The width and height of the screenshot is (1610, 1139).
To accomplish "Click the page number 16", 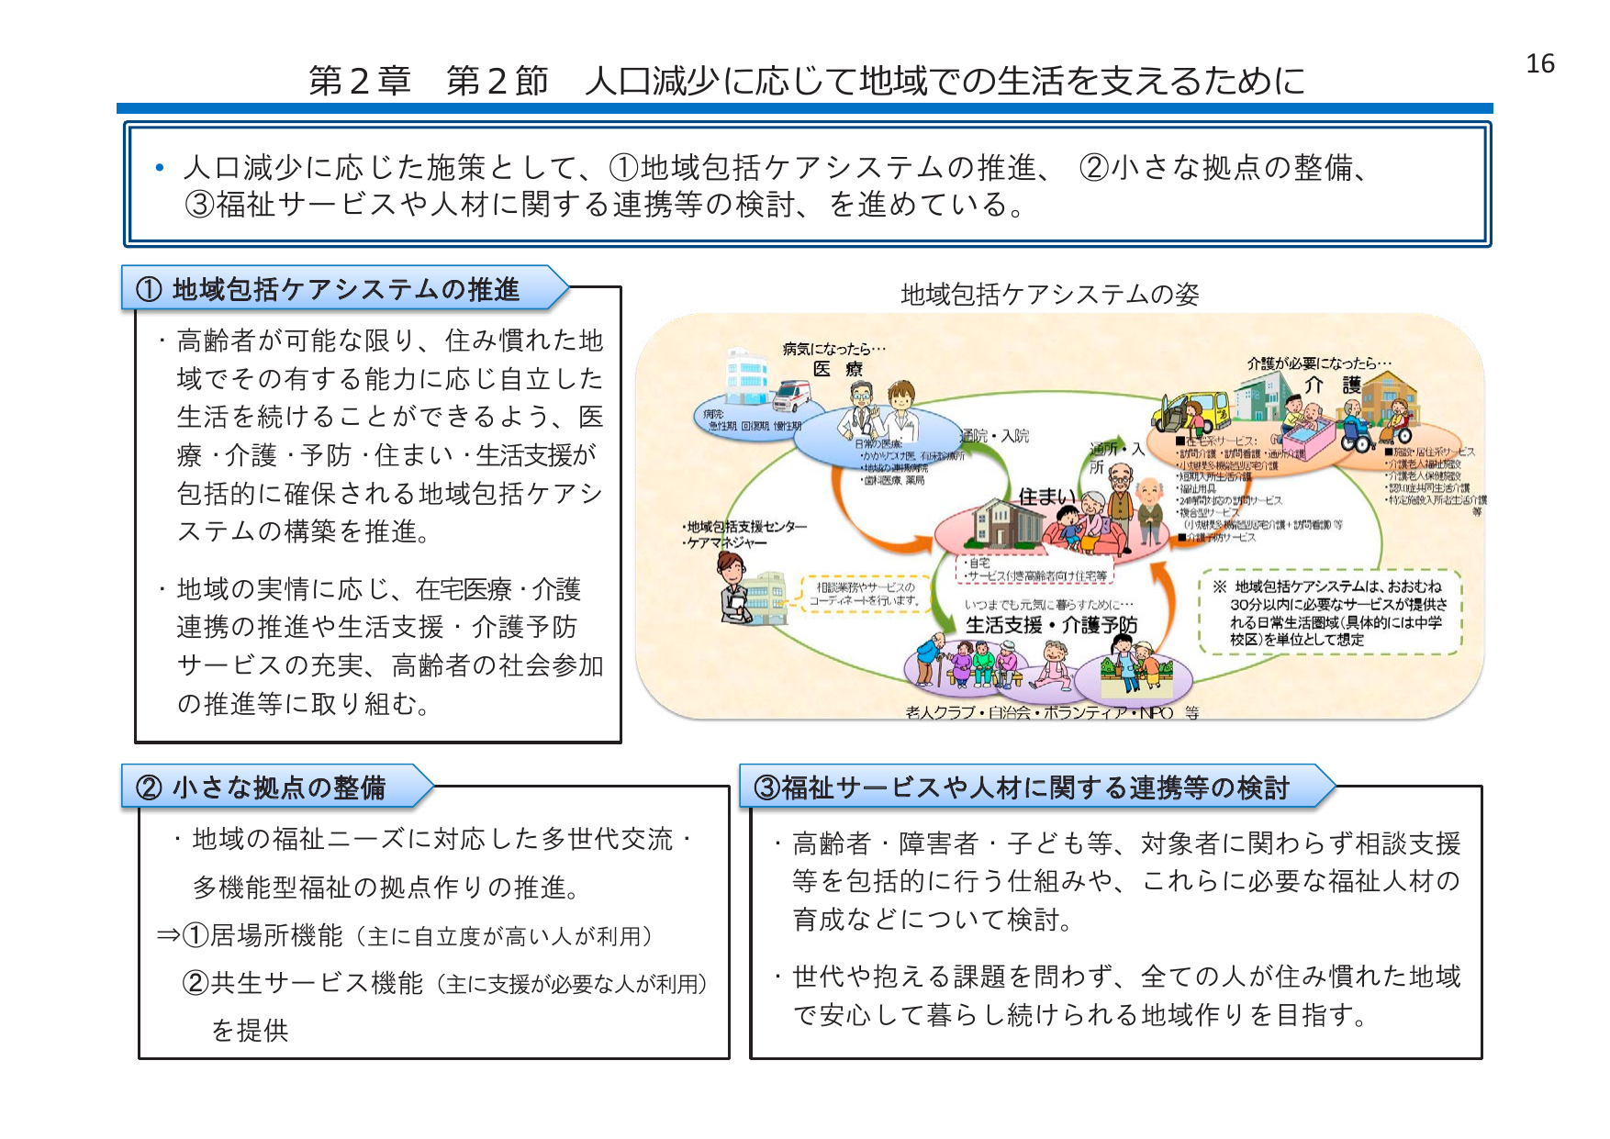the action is pyautogui.click(x=1539, y=63).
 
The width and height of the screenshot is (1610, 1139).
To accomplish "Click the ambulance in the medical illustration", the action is pyautogui.click(x=790, y=396).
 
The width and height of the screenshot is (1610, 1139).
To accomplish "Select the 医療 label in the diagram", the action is pyautogui.click(x=837, y=369).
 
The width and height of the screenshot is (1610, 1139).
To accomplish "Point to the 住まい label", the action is pyautogui.click(x=1046, y=497).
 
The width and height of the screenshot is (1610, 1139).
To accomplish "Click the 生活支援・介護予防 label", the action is pyautogui.click(x=1050, y=625).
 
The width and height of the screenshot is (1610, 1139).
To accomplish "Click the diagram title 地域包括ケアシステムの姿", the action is pyautogui.click(x=1049, y=294).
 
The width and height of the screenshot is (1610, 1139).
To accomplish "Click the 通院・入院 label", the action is pyautogui.click(x=996, y=436).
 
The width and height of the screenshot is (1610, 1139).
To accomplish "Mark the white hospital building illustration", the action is pyautogui.click(x=747, y=376).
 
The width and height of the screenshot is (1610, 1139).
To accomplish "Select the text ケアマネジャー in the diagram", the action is pyautogui.click(x=726, y=542).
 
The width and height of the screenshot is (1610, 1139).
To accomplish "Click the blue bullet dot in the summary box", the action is pyautogui.click(x=160, y=167).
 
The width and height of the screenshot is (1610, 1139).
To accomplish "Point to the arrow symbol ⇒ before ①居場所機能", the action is pyautogui.click(x=168, y=935).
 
